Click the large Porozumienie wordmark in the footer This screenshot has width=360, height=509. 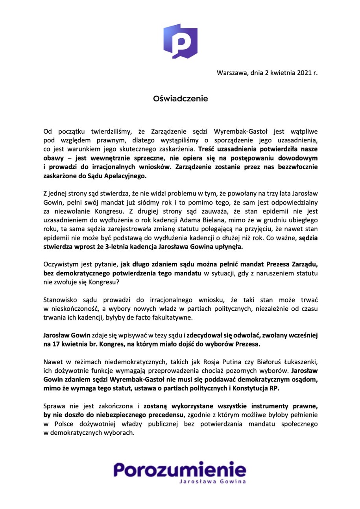(x=180, y=469)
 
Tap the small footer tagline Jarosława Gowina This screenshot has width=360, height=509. (x=212, y=481)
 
